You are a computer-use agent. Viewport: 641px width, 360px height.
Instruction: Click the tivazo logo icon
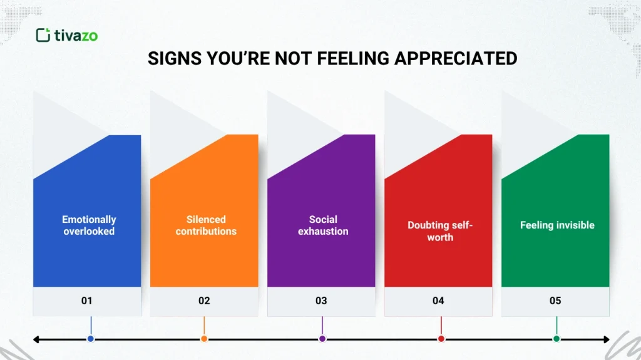[x=43, y=35]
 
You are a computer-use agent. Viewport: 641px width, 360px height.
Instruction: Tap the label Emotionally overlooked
[x=89, y=225]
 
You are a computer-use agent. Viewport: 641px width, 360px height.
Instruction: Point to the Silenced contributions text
[x=206, y=225]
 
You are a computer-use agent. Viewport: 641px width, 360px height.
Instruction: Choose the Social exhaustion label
[x=323, y=225]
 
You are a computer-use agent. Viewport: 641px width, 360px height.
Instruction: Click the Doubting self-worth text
[x=440, y=231]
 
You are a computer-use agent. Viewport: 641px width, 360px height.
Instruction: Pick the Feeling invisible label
[x=557, y=225]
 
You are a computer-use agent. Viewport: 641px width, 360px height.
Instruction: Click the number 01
[x=87, y=301]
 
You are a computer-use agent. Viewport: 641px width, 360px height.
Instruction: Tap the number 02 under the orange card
[x=204, y=301]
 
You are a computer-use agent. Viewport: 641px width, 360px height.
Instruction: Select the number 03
[x=321, y=301]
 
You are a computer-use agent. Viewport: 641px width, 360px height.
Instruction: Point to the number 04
[x=438, y=301]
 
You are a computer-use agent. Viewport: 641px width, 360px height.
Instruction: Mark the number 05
[x=555, y=301]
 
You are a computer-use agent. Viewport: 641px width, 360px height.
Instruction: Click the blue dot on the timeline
[x=91, y=339]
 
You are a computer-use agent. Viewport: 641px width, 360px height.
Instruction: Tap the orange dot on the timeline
[x=204, y=339]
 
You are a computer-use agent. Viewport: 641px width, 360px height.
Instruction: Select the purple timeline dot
[x=322, y=339]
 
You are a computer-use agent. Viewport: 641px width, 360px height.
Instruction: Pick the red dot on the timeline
[x=441, y=339]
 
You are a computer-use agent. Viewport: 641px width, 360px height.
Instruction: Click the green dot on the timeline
[x=556, y=339]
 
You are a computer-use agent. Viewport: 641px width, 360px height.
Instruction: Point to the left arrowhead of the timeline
[x=36, y=339]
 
